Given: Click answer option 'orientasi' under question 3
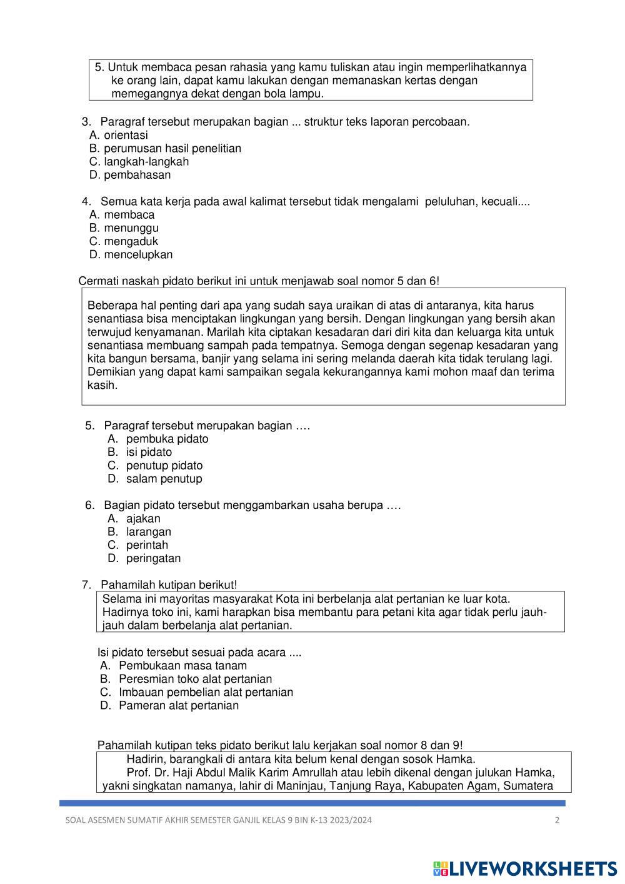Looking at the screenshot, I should point(126,135).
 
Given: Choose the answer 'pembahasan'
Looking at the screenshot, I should point(137,175).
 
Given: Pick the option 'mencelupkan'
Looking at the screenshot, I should point(138,254).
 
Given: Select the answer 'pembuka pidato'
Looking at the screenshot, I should point(167,439).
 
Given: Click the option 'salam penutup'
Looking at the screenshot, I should point(164,479).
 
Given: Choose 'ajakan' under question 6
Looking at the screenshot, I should point(143,518).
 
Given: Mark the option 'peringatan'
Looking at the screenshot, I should point(153,558).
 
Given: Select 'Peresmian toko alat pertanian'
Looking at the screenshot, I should point(195,679).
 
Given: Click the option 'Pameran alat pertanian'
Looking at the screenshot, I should point(179,705).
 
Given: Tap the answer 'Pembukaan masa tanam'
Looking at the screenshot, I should point(182,666).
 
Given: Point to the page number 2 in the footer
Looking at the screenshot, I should point(557,820).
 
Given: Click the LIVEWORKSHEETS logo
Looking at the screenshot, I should point(525,868).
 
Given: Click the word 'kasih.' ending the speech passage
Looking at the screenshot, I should point(102,385).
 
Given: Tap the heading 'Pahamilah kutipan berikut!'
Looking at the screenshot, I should point(169,585).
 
